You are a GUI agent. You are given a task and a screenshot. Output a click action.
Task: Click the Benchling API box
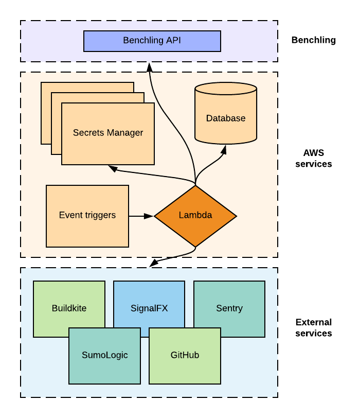pyautogui.click(x=152, y=41)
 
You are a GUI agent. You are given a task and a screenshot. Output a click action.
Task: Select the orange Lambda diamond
pyautogui.click(x=195, y=216)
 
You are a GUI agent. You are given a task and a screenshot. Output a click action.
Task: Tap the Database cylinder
pyautogui.click(x=226, y=113)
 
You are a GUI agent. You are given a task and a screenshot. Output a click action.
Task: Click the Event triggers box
pyautogui.click(x=87, y=216)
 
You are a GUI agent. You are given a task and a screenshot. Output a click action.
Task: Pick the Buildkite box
pyautogui.click(x=69, y=309)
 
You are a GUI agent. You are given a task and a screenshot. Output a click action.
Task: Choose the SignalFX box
pyautogui.click(x=149, y=309)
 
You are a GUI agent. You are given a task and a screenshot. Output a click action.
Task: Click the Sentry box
pyautogui.click(x=229, y=309)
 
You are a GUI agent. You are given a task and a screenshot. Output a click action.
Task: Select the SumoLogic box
pyautogui.click(x=104, y=356)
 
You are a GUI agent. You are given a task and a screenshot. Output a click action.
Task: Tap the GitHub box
pyautogui.click(x=185, y=356)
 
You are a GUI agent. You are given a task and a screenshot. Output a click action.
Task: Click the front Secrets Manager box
pyautogui.click(x=108, y=134)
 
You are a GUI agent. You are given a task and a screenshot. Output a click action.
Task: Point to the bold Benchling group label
pyautogui.click(x=313, y=40)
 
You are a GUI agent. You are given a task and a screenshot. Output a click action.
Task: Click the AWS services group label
pyautogui.click(x=313, y=158)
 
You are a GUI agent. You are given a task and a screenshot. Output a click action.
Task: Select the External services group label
pyautogui.click(x=313, y=327)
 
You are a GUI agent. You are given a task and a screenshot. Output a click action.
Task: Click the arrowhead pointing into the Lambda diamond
pyautogui.click(x=149, y=216)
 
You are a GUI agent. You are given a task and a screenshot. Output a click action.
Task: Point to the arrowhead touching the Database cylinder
pyautogui.click(x=224, y=150)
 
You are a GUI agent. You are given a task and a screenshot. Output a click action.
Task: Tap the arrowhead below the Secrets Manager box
pyautogui.click(x=113, y=169)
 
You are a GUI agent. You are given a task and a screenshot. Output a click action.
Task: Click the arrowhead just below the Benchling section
pyautogui.click(x=150, y=67)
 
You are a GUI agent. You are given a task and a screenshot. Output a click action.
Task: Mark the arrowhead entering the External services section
pyautogui.click(x=154, y=263)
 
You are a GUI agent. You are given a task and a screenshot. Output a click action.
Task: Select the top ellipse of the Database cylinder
pyautogui.click(x=226, y=89)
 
